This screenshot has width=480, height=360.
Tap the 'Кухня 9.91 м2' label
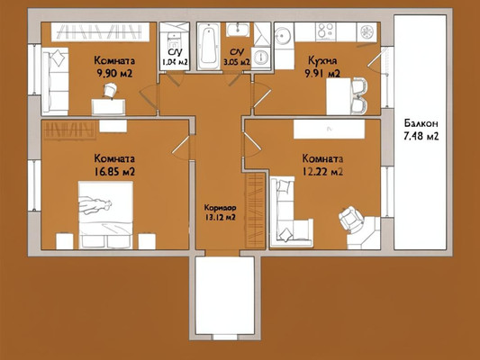(x=322, y=67)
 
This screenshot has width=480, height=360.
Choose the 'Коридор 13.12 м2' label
(x=220, y=211)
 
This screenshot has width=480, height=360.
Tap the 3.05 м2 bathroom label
(x=239, y=58)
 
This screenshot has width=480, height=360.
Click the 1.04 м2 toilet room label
(x=174, y=58)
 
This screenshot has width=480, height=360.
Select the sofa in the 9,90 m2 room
(x=57, y=79)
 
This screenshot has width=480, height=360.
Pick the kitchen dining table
(x=339, y=95)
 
